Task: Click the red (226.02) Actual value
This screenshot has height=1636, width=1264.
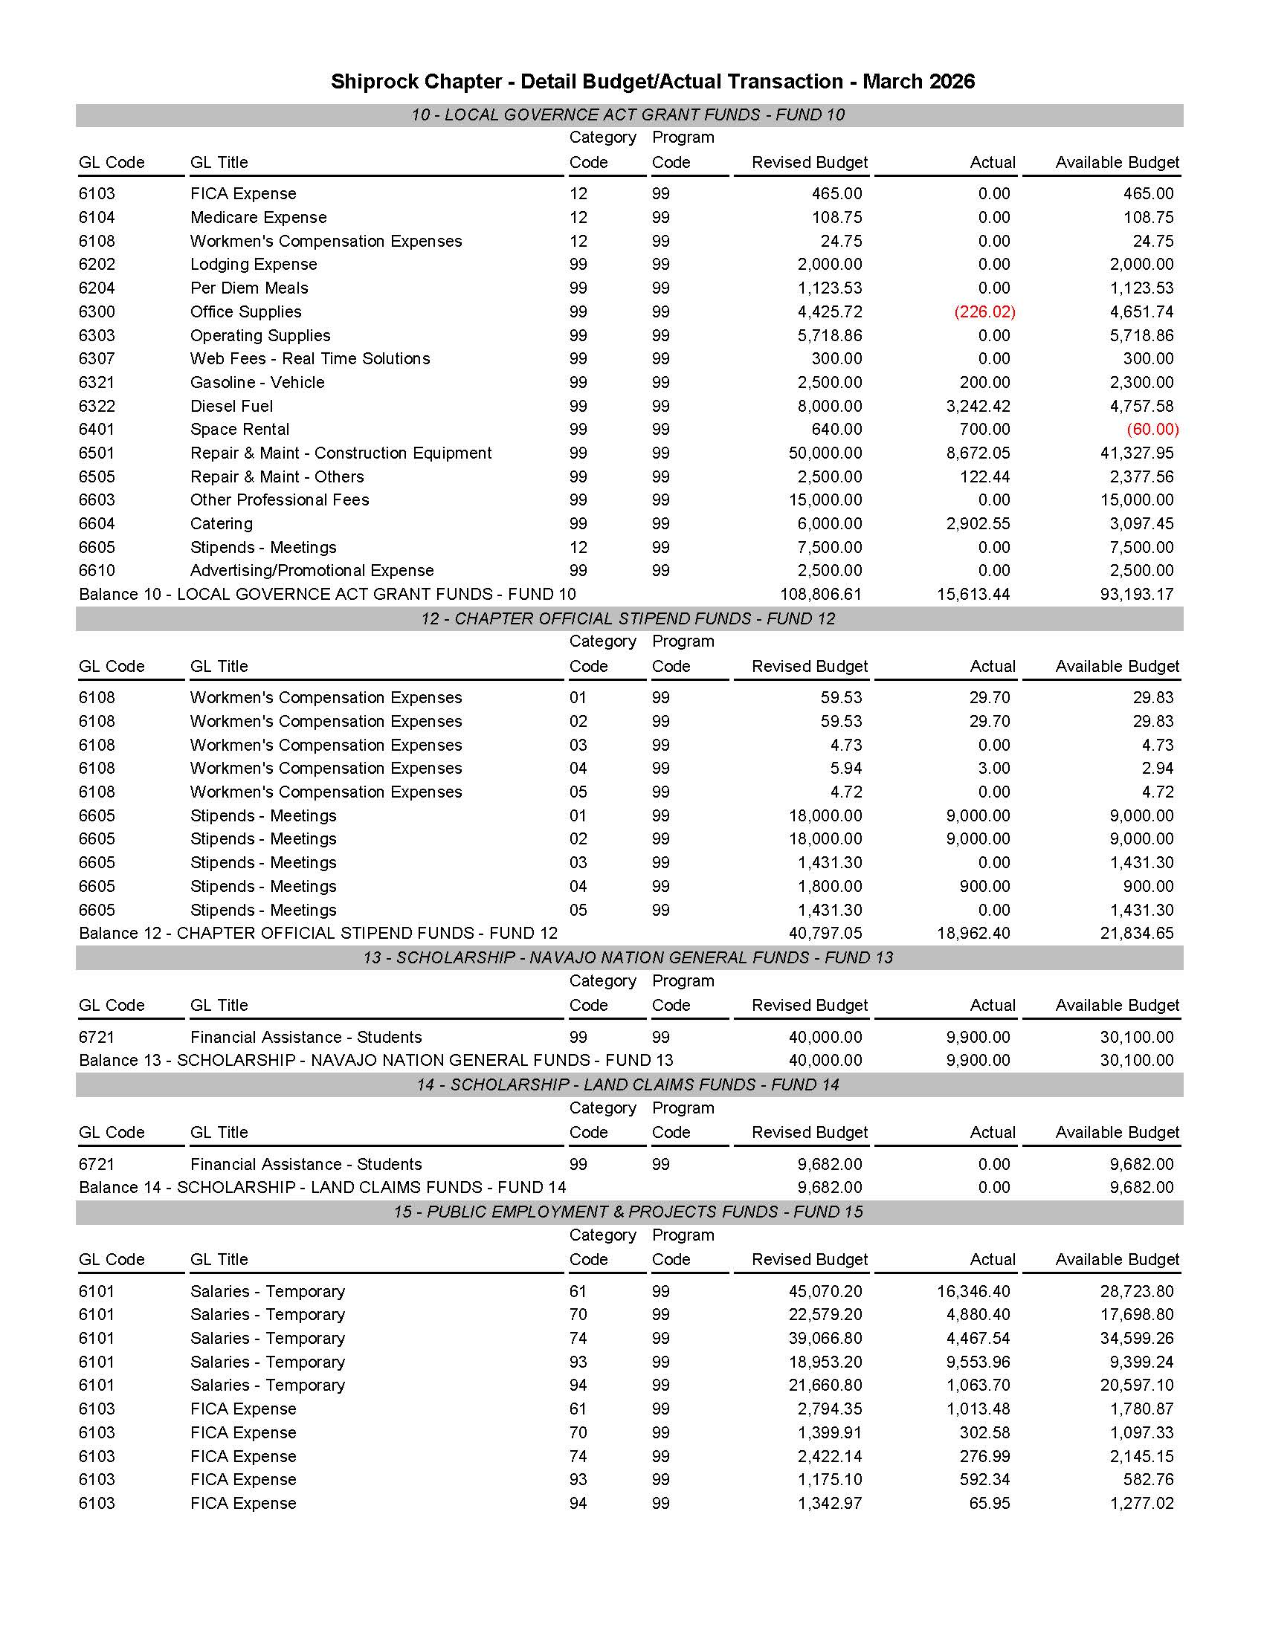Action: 984,311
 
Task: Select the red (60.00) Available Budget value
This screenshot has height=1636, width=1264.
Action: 1152,429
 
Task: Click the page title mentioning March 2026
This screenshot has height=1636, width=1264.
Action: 653,81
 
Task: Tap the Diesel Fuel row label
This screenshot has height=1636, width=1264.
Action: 231,406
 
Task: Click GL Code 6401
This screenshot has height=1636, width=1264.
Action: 97,429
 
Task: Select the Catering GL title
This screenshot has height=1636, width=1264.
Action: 221,523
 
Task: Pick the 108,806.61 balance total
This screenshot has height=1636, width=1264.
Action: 820,594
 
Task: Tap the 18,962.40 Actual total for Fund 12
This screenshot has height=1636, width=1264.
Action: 973,934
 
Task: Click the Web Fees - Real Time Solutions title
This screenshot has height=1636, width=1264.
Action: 310,359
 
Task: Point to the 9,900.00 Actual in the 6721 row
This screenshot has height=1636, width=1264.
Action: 978,1038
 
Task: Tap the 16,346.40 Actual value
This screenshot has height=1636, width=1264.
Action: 973,1291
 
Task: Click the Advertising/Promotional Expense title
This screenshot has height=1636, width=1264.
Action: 312,571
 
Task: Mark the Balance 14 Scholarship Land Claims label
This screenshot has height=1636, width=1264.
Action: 322,1187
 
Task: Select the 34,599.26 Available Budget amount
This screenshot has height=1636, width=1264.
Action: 1137,1339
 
